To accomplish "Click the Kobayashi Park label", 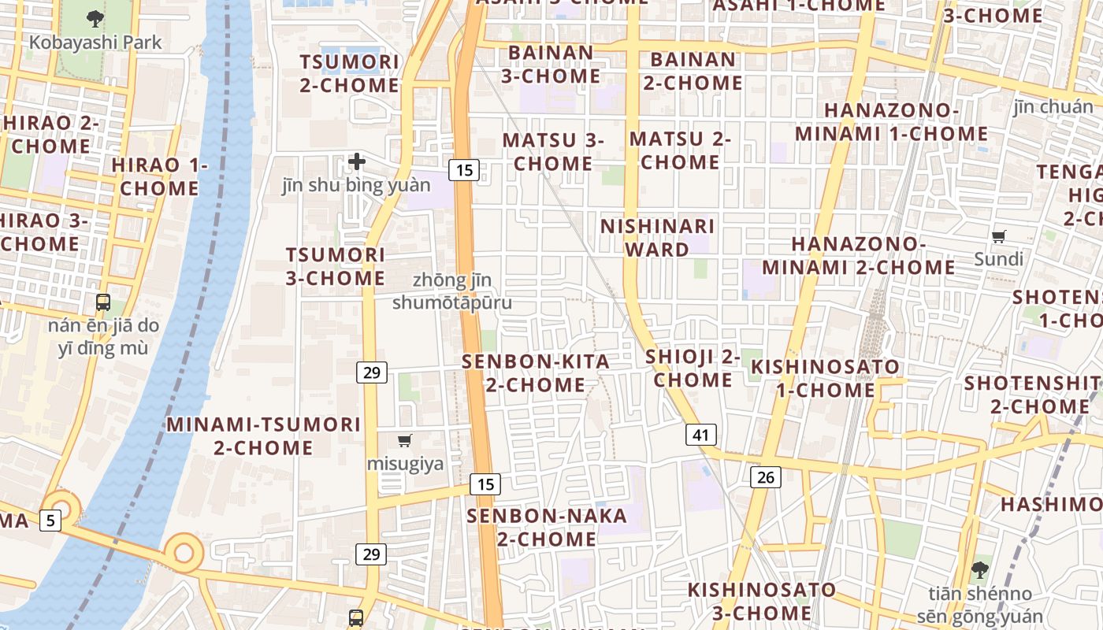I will pos(95,43).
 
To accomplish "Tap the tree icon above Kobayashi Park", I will pos(95,17).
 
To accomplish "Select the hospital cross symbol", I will pos(357,162).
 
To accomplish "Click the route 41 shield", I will pos(700,434).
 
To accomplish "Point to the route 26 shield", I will pos(765,476).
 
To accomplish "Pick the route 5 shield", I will pos(50,520).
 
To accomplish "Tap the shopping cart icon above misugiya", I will pos(405,440).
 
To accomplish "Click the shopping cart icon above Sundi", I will pos(999,235).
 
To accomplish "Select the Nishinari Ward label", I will pos(657,238).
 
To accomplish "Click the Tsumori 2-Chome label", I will pos(348,74).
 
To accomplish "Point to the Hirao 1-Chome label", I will pos(159,176).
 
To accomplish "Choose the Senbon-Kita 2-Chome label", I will pos(536,373).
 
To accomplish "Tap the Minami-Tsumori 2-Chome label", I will pos(263,435).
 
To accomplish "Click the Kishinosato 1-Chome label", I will pos(825,378).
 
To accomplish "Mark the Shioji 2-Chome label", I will pos(693,368).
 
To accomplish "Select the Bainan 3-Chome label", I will pos(551,65).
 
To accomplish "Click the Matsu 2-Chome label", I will pos(680,150).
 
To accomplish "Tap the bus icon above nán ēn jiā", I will pos(103,302).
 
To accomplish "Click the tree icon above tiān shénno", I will pos(980,569).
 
